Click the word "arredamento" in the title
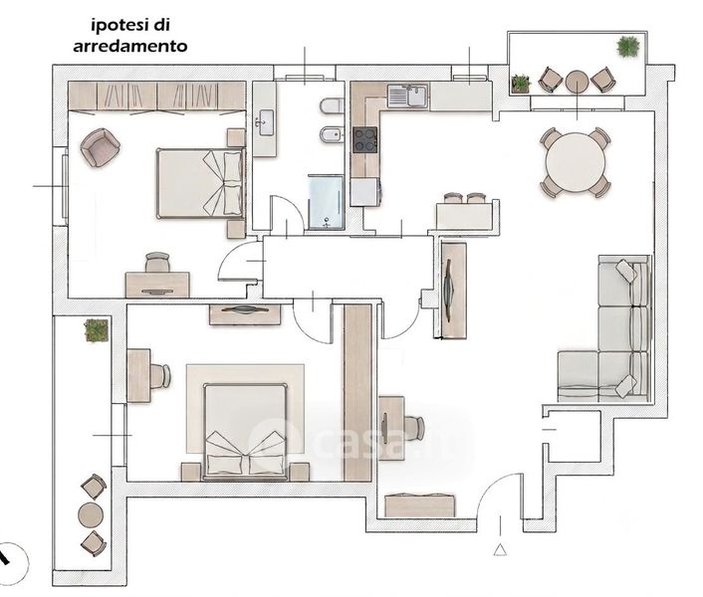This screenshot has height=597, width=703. (x=130, y=46)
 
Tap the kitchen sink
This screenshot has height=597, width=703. (x=407, y=96)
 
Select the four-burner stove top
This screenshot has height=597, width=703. (x=365, y=139)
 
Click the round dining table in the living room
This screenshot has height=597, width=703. (x=576, y=162)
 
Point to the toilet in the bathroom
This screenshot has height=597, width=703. (x=332, y=107)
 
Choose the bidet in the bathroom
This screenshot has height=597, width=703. (x=332, y=134)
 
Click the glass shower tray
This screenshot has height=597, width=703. (x=326, y=202)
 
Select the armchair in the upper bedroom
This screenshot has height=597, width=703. (x=100, y=147)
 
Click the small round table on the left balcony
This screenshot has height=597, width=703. (x=91, y=515)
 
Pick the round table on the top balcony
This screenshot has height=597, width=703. (x=577, y=82)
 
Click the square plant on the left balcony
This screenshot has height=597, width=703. (x=97, y=330)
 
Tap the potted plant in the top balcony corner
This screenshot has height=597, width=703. (x=627, y=47)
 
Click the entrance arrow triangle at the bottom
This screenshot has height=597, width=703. (x=500, y=549)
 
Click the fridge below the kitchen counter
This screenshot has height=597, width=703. (x=365, y=192)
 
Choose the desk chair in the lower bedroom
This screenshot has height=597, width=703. (x=160, y=376)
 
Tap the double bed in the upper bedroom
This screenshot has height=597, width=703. (x=201, y=184)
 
